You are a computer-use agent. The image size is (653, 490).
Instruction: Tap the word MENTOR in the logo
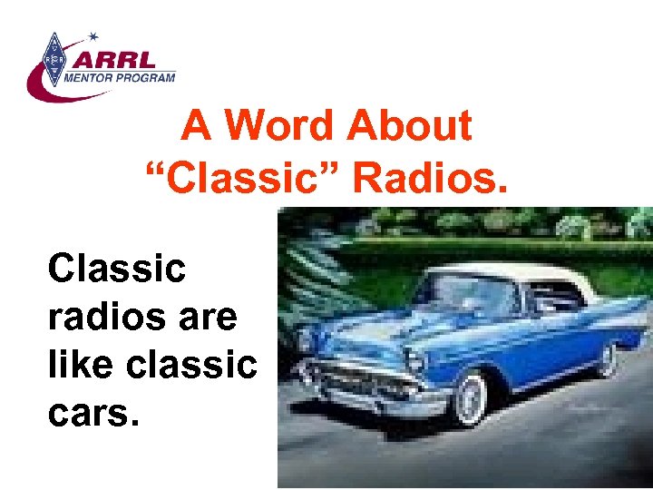92,79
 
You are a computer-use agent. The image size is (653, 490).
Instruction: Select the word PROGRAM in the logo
142,79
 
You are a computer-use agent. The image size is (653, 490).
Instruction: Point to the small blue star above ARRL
93,37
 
